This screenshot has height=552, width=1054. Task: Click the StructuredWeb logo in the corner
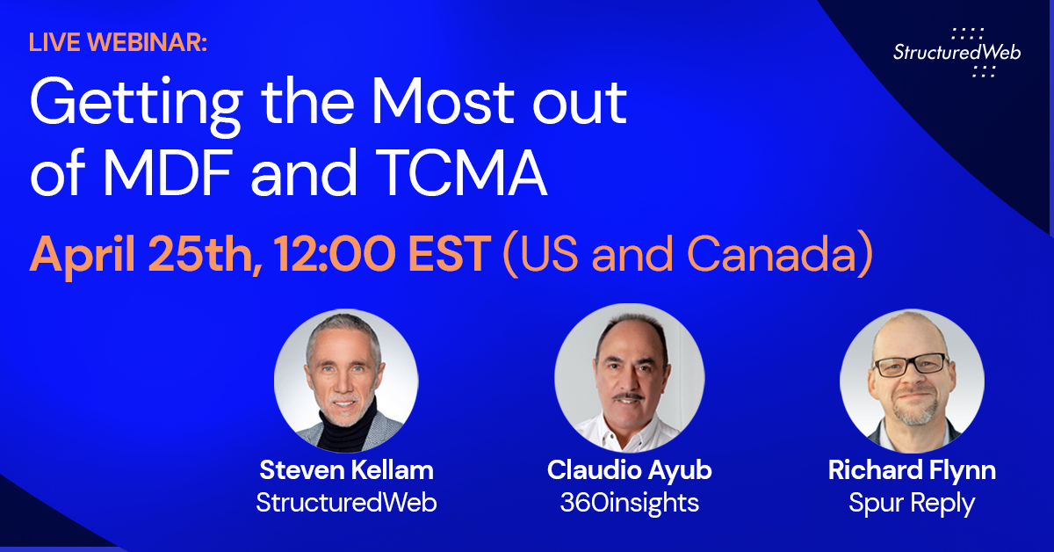point(957,53)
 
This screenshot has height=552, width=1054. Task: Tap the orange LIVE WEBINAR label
point(118,42)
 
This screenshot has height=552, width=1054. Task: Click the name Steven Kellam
point(346,470)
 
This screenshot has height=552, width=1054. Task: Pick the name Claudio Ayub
point(629,470)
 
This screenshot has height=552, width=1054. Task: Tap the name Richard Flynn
point(912,470)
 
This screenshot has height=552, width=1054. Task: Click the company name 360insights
point(629,502)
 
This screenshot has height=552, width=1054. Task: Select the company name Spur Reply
point(912,502)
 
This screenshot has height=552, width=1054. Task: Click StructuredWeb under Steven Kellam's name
point(346,502)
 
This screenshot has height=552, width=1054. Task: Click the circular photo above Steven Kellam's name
point(346,380)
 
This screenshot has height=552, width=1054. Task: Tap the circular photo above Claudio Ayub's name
point(629,378)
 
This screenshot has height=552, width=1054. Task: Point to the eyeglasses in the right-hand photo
point(911,363)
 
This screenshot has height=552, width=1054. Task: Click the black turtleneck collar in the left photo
point(346,433)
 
